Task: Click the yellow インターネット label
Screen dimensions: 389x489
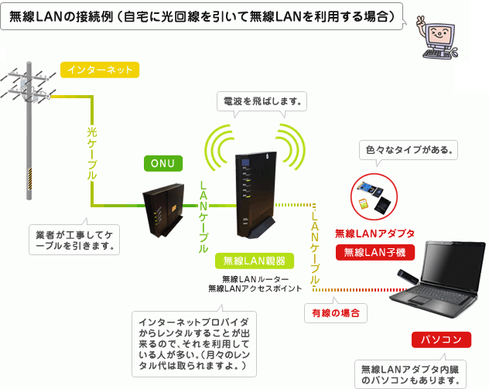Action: point(98,70)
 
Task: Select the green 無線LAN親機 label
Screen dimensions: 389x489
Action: point(255,260)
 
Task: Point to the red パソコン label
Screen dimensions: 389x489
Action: point(441,340)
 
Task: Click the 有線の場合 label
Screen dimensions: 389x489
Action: point(334,313)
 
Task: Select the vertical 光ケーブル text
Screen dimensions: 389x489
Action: point(91,155)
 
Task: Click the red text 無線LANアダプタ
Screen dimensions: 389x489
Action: point(375,232)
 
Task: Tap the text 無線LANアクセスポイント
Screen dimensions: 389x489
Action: point(255,288)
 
